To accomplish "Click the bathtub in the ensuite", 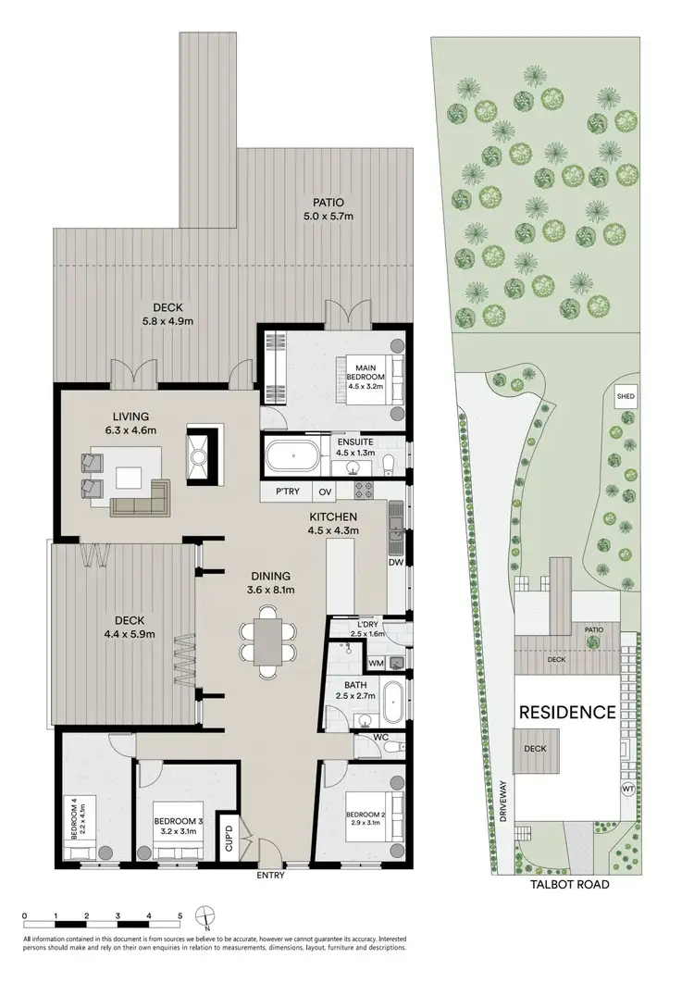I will coord(292,456).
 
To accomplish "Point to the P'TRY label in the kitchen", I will coord(284,492).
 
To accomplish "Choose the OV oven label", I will coord(326,492).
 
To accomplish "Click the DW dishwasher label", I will coord(396,562).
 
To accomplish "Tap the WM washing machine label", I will coord(376,663).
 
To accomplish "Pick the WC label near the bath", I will coord(381,738).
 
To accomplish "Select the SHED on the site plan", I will coord(626,397).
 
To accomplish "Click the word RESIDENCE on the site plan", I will coord(566,713).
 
